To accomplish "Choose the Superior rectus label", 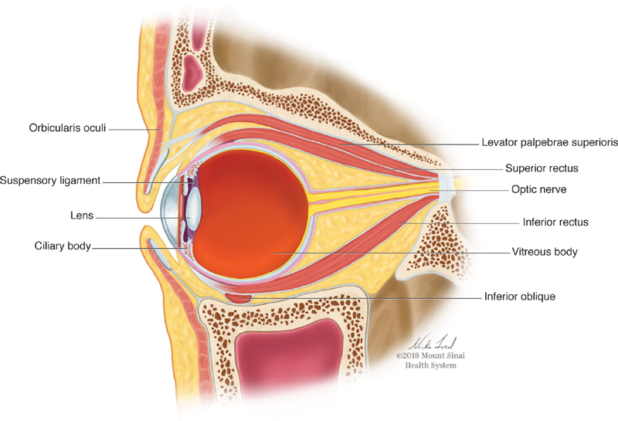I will click(x=542, y=168).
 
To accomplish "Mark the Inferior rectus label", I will click(x=552, y=222).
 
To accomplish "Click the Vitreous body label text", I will click(x=545, y=252).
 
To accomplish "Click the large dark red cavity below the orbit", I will click(x=290, y=367).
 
